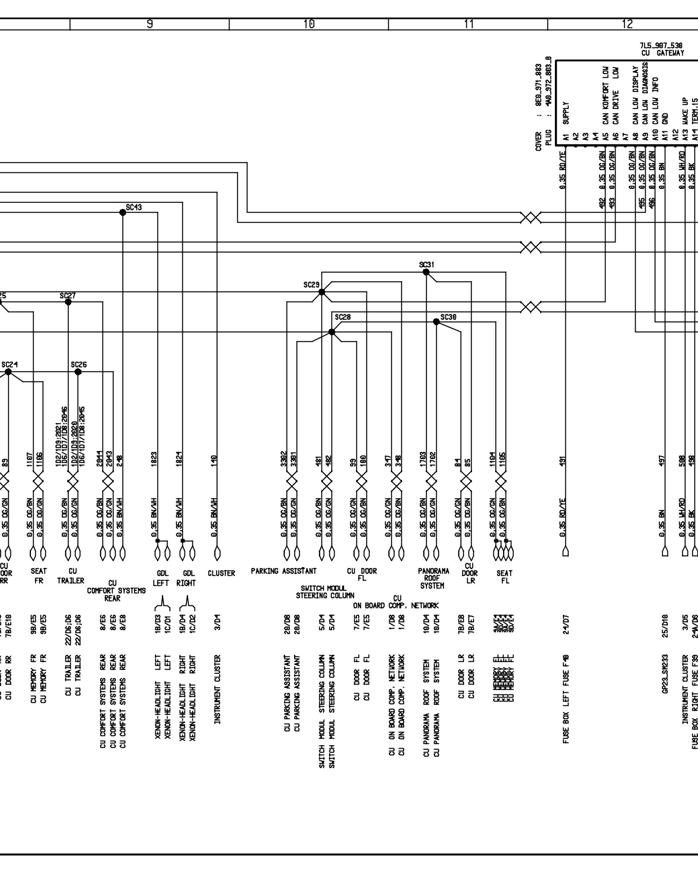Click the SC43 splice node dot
pyautogui.click(x=123, y=212)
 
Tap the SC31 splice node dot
pyautogui.click(x=426, y=272)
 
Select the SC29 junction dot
pyautogui.click(x=322, y=292)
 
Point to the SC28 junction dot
pyautogui.click(x=332, y=332)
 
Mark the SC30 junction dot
pyautogui.click(x=436, y=322)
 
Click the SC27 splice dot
pyautogui.click(x=68, y=302)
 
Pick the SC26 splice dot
pyautogui.click(x=78, y=372)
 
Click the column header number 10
pyautogui.click(x=309, y=24)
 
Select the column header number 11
pyautogui.click(x=468, y=24)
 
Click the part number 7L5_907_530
pyautogui.click(x=661, y=45)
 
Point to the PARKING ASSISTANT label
pyautogui.click(x=284, y=571)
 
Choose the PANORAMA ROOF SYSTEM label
pyautogui.click(x=432, y=578)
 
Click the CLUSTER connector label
pyautogui.click(x=221, y=573)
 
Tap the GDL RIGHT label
pyautogui.click(x=186, y=578)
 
